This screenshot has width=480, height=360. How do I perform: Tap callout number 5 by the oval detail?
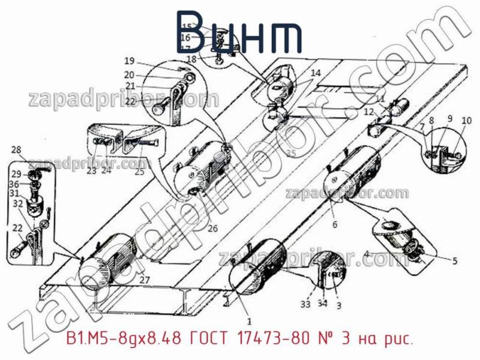pos(454,260)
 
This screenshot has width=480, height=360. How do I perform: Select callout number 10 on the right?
pos(466,121)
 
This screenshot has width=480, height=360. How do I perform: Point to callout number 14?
pos(316,73)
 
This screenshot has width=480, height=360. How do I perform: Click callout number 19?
pos(129,61)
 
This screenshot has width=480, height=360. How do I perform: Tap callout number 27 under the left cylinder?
pos(143,279)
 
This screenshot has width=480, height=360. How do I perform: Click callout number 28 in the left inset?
pos(16,150)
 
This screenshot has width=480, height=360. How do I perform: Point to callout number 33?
pos(305,304)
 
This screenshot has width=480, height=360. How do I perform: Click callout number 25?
pos(139,172)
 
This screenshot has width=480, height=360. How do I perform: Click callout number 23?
pos(91,171)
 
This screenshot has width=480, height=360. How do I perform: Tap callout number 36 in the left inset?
pos(16,184)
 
